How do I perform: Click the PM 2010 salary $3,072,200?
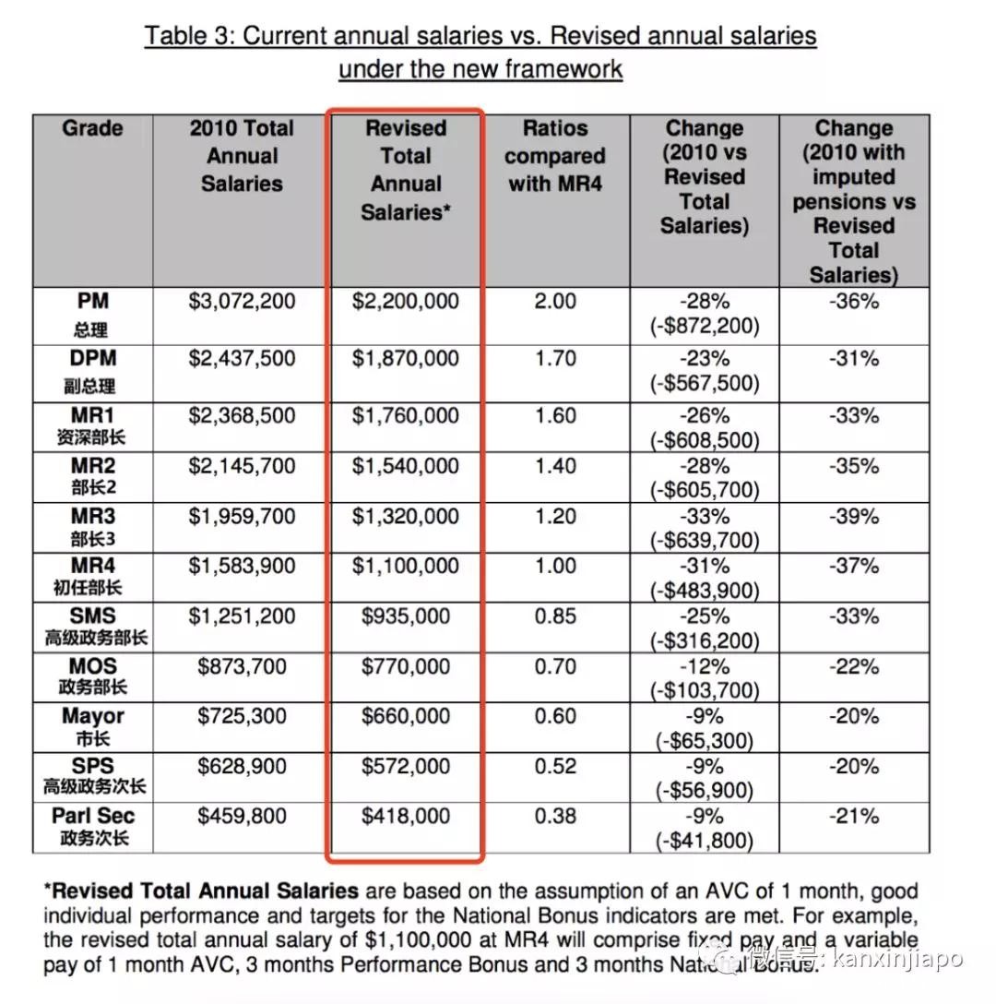point(242,302)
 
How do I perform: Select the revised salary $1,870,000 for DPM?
point(406,358)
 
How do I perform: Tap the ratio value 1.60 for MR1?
point(555,415)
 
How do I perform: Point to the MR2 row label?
point(93,466)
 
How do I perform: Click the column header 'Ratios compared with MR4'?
point(555,156)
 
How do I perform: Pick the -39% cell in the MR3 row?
point(853,516)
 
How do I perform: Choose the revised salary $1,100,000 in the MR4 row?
point(406,566)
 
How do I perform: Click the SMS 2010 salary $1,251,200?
point(242,616)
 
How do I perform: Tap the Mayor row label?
point(93,716)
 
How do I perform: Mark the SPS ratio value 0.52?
point(555,766)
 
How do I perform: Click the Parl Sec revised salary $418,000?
point(406,816)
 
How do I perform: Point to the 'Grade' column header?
point(93,128)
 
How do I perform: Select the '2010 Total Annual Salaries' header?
point(242,156)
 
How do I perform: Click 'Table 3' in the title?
point(189,36)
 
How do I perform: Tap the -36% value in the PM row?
point(853,302)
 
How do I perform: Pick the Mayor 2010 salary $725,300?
point(242,716)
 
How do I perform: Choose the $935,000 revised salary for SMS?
point(406,616)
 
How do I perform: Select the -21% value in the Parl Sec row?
point(853,816)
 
